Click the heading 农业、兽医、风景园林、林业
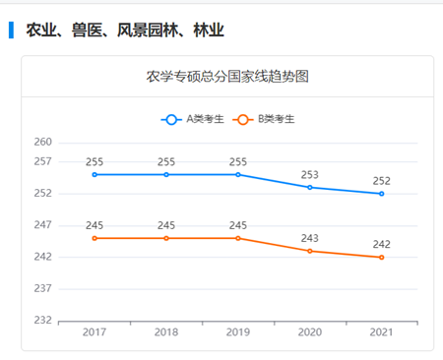coord(125,30)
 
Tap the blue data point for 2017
coord(95,174)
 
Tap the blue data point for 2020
coord(310,187)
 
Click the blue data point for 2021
coord(381,194)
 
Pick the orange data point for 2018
coord(166,238)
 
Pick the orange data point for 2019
coord(238,238)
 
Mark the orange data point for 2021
coord(381,258)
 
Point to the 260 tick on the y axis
coord(42,142)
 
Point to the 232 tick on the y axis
coord(42,321)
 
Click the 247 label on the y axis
coord(42,225)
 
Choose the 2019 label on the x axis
coord(238,333)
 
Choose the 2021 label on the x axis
coord(381,333)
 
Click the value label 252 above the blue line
coord(381,181)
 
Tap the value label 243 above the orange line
coord(310,238)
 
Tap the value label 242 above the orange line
coord(381,245)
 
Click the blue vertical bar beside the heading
coord(11,30)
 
